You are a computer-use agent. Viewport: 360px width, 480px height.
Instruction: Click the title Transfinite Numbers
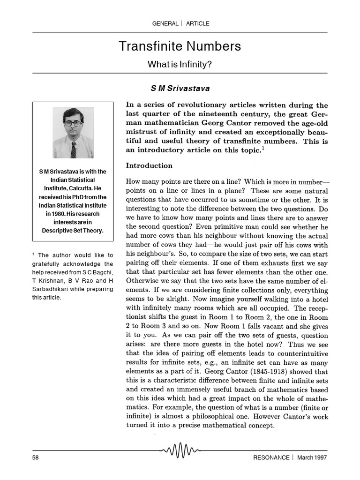pos(180,46)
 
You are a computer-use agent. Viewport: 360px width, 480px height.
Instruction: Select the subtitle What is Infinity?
pos(180,64)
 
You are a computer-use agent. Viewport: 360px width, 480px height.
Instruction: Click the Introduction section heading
pos(149,165)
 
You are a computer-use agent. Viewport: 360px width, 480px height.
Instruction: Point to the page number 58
pos(36,457)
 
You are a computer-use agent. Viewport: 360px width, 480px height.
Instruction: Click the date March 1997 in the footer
pos(312,457)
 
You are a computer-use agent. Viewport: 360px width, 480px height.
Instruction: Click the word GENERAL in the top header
pos(165,23)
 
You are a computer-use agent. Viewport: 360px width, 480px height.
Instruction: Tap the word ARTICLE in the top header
pos(198,23)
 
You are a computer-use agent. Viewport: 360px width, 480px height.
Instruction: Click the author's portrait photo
pos(73,133)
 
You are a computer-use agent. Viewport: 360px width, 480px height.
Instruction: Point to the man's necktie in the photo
pos(73,150)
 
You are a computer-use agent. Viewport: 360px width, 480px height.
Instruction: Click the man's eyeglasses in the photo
pos(73,123)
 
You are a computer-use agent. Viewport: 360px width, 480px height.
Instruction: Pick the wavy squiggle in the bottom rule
pos(180,451)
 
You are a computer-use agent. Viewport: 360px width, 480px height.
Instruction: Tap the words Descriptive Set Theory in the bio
pos(73,230)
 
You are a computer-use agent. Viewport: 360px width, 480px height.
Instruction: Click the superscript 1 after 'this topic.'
pos(263,148)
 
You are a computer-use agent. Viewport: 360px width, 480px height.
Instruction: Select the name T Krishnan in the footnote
pos(49,280)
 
